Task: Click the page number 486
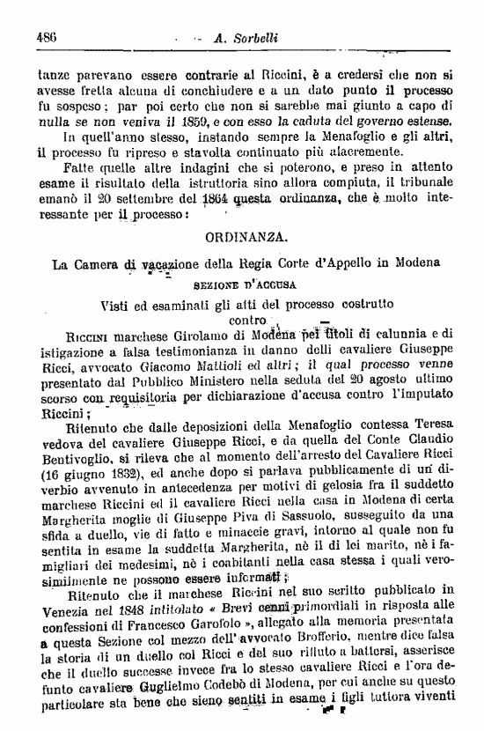[x=46, y=37]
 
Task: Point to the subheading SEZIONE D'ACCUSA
[x=245, y=285]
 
